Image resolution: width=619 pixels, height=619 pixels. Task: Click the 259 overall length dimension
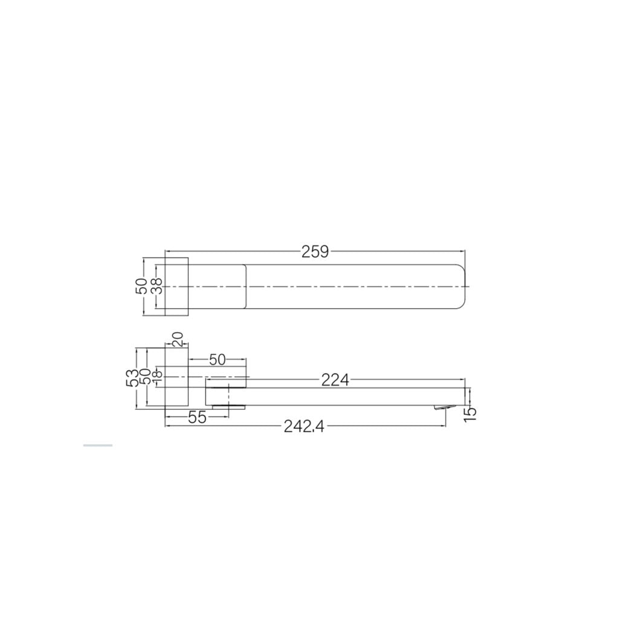coord(315,251)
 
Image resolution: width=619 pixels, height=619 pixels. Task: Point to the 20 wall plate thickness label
coord(177,339)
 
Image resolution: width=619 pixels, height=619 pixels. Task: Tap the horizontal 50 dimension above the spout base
coord(217,360)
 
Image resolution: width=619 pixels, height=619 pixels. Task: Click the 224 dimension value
coord(335,380)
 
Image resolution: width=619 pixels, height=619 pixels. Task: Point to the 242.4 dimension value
coord(305,427)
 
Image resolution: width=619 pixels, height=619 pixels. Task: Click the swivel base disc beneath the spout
coord(228,407)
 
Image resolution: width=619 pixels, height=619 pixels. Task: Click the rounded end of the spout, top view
coord(461,287)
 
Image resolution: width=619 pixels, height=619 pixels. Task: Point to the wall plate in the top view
coord(177,287)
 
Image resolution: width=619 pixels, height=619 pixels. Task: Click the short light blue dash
coord(97,446)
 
